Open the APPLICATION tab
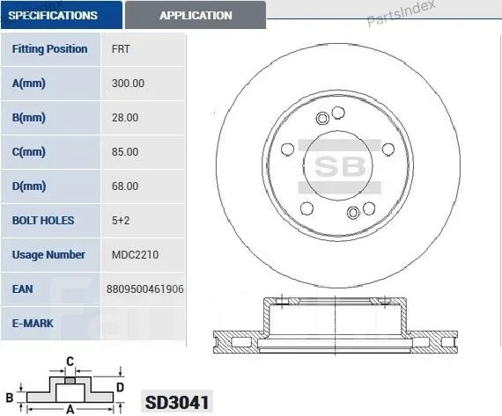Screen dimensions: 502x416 click(196, 15)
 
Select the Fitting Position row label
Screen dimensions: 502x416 click(49, 49)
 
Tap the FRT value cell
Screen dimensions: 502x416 click(121, 49)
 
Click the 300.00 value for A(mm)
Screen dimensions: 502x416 click(128, 84)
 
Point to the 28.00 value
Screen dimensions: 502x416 click(125, 117)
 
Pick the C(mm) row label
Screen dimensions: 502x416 click(28, 151)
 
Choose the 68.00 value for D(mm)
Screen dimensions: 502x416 click(125, 186)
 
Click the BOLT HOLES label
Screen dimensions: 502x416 click(43, 220)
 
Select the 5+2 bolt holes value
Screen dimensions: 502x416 click(121, 220)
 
